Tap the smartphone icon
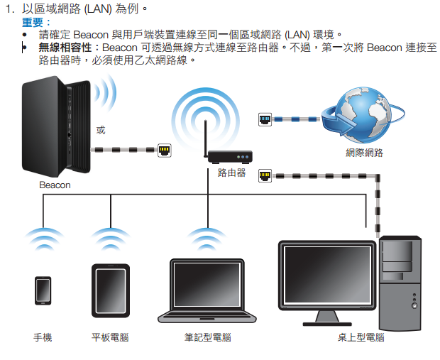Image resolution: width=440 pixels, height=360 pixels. pyautogui.click(x=43, y=290)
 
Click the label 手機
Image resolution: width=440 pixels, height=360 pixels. pyautogui.click(x=43, y=337)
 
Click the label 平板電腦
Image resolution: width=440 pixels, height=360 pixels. pyautogui.click(x=110, y=337)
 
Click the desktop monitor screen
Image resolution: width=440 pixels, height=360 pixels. pyautogui.click(x=326, y=277)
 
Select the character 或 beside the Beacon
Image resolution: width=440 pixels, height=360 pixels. pyautogui.click(x=101, y=130)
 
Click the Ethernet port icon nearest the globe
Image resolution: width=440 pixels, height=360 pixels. pyautogui.click(x=265, y=120)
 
